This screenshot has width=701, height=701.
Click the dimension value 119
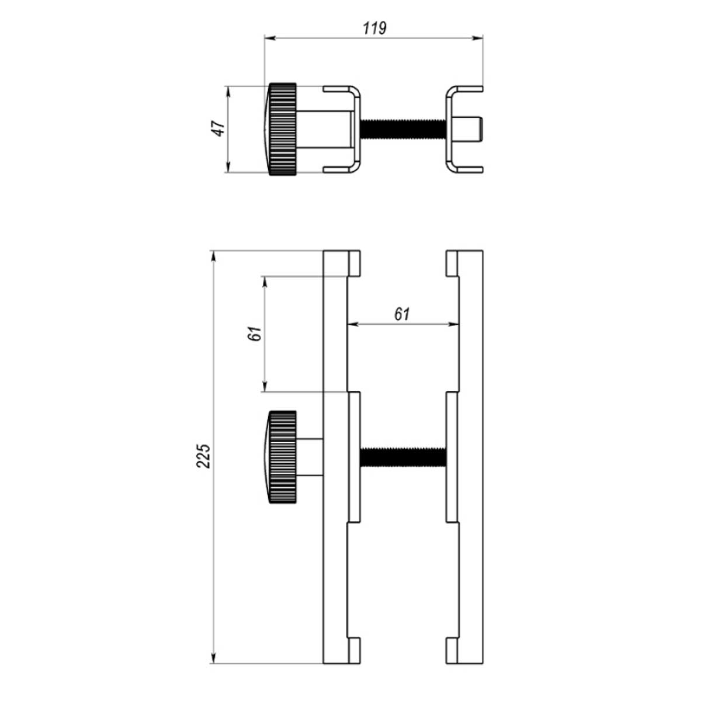374,29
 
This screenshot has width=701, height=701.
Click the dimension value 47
218,129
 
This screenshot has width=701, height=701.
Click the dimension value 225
203,456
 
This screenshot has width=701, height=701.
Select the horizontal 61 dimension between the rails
402,314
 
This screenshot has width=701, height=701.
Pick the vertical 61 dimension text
255,334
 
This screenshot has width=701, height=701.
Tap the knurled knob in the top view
280,129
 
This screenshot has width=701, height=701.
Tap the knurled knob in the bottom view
280,457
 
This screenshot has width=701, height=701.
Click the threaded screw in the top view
403,129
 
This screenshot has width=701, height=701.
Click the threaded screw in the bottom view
403,457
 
